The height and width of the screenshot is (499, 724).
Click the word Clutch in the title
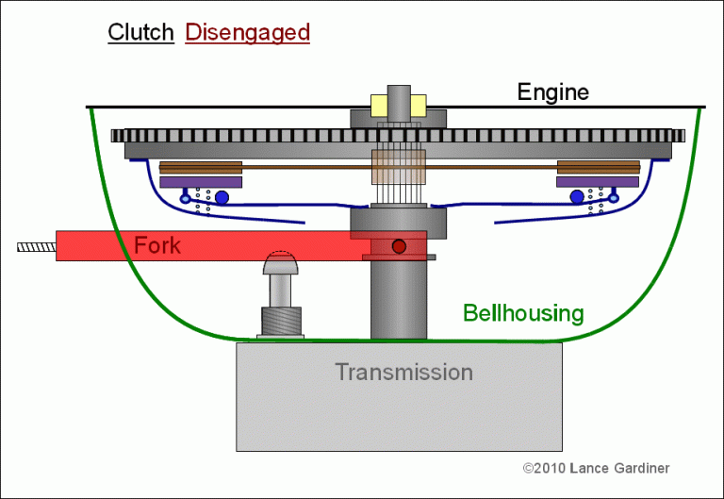click(140, 32)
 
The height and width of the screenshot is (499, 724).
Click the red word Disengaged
click(247, 32)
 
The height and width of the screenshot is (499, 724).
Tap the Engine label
click(552, 91)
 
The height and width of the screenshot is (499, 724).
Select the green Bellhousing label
click(523, 313)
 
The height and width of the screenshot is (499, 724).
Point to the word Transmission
click(403, 372)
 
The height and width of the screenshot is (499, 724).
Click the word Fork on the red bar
click(157, 245)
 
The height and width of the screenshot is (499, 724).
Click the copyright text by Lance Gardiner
click(596, 468)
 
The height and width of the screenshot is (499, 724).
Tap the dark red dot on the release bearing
click(399, 246)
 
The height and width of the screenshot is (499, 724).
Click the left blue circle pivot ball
click(222, 197)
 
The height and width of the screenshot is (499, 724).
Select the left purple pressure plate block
click(202, 181)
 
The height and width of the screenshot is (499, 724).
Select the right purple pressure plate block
click(598, 181)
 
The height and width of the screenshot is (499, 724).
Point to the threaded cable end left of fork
click(36, 247)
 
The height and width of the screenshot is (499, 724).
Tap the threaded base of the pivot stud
click(280, 321)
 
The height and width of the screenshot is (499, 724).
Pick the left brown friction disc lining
click(202, 168)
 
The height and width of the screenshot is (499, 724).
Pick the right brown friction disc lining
click(598, 168)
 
